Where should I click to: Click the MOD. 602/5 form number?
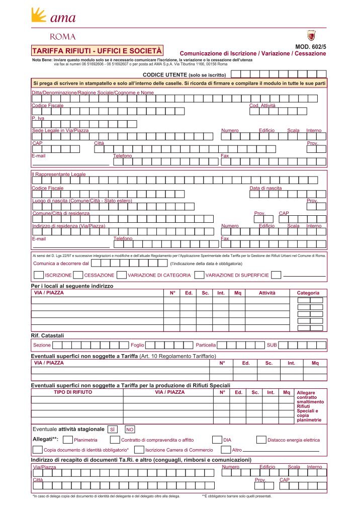311,47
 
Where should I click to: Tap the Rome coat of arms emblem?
311,36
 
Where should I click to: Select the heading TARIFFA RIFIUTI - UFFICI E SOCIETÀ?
97,51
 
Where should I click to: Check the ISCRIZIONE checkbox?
38,275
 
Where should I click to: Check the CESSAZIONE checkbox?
78,275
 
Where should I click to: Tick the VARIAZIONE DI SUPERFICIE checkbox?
199,275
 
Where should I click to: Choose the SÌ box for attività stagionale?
113,430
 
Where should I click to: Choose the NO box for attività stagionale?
130,430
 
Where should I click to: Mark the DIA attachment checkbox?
217,440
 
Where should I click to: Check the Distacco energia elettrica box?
261,440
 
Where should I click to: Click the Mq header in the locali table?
238,293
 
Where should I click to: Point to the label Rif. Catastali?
48,335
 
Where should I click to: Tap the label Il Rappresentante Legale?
59,175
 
